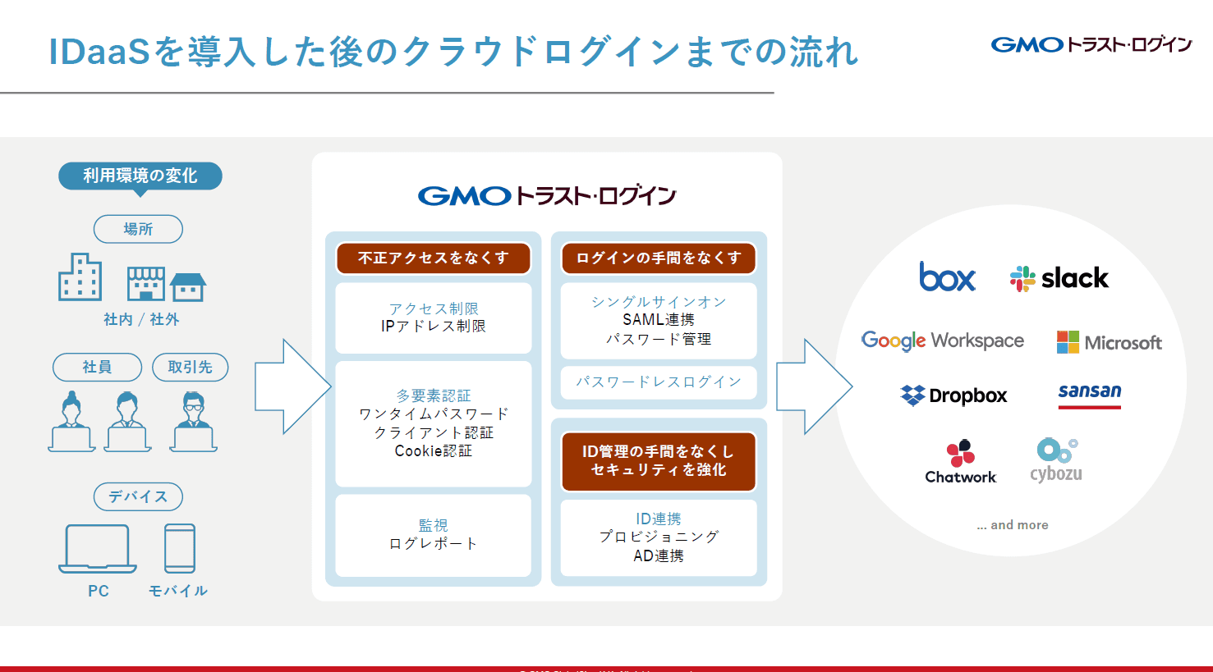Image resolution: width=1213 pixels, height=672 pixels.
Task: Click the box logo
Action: pos(947,277)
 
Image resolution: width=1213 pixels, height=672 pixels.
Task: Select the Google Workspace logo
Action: pos(942,341)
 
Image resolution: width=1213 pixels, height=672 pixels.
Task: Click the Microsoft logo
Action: pos(1109,342)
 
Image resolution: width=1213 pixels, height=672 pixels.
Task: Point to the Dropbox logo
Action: pos(953,395)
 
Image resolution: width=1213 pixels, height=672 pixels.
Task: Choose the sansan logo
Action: pos(1089,393)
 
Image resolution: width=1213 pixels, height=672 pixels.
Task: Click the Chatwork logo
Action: pos(960,462)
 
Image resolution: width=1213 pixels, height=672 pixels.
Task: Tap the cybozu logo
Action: pos(1056,460)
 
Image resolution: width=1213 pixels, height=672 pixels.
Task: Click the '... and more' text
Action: pos(1012,525)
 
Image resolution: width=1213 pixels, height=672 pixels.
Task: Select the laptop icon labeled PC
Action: pos(97,548)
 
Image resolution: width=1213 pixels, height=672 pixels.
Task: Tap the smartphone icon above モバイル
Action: pos(180,548)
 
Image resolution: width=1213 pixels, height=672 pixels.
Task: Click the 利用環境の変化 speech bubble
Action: pos(140,176)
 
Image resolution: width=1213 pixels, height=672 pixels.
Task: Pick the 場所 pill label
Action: pos(138,229)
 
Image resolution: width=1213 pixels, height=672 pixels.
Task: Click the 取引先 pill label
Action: pos(190,367)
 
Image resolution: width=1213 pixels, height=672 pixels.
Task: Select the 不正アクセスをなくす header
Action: pos(433,258)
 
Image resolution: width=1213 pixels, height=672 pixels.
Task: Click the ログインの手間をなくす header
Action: pos(658,258)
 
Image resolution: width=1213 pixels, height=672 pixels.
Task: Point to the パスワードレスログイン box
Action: pos(658,382)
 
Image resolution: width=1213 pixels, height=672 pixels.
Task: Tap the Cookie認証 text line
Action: pos(433,451)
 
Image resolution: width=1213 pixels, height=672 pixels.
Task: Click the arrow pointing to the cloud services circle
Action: pos(812,386)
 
